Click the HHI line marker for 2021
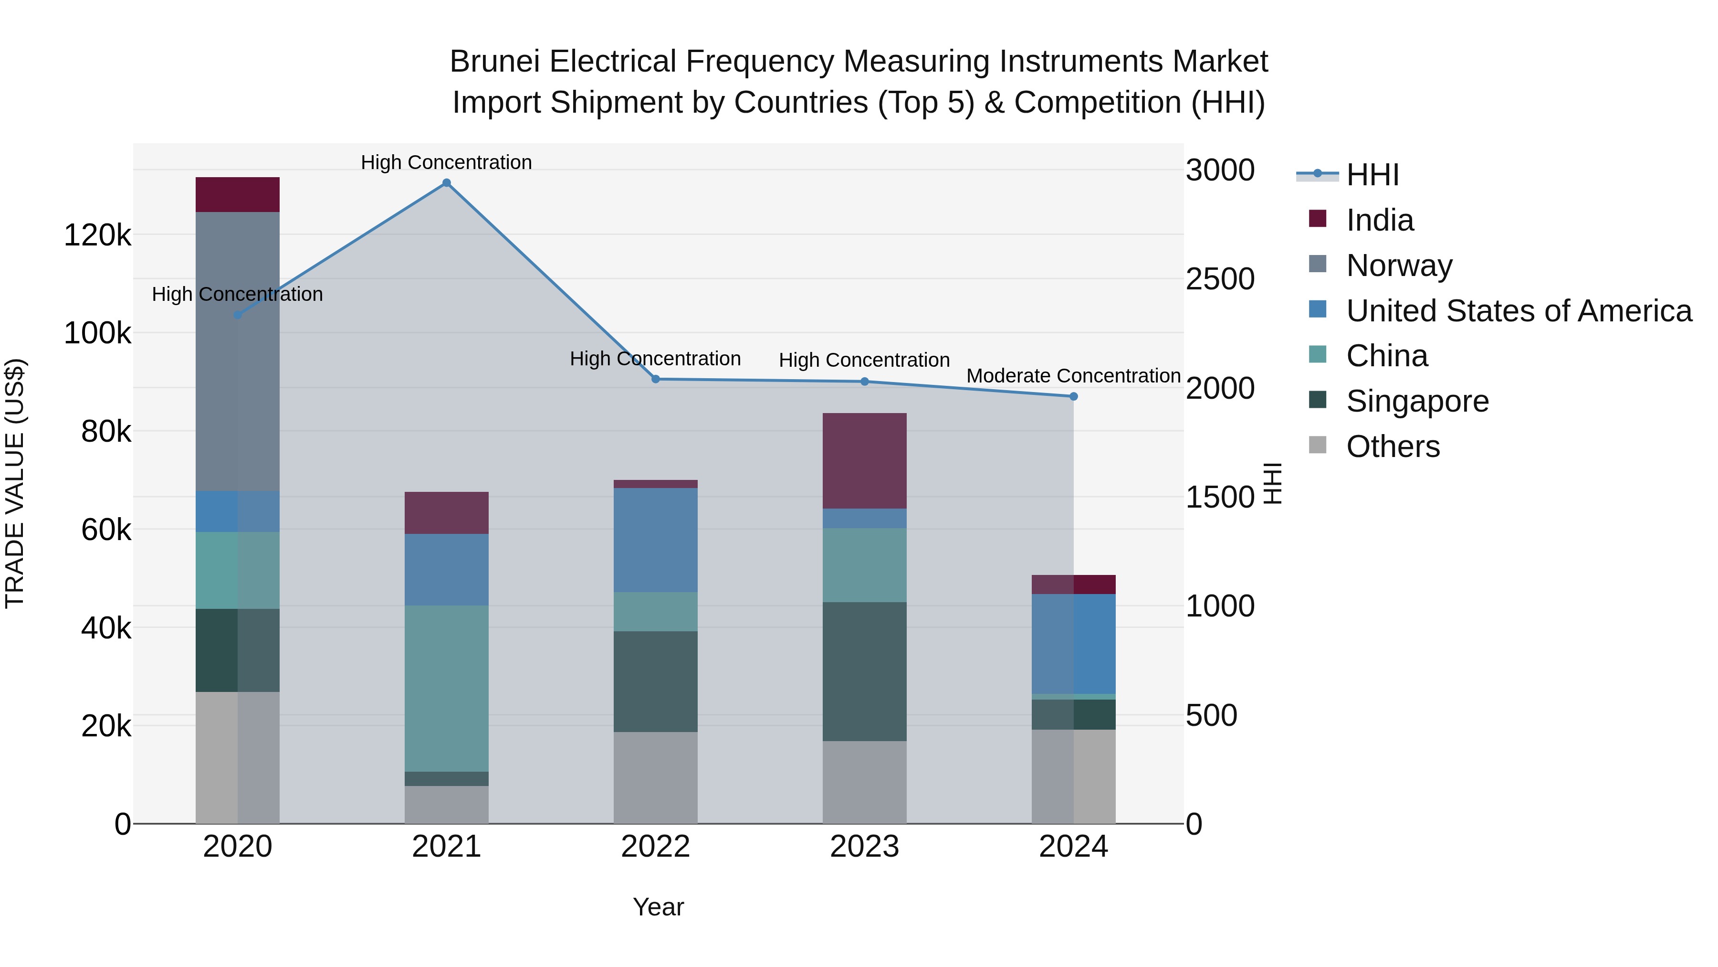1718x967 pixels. tap(447, 183)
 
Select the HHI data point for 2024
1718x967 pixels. tap(1074, 396)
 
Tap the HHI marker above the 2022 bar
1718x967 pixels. tap(656, 379)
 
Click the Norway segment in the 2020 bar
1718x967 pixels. tap(238, 351)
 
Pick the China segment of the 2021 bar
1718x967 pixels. tap(447, 688)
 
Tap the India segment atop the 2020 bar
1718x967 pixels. tap(238, 195)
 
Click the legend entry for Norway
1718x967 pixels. tap(1399, 266)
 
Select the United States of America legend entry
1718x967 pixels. tap(1519, 311)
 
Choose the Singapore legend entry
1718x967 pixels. tap(1417, 401)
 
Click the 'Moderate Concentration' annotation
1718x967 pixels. tap(1074, 376)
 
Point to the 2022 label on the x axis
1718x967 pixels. tap(656, 847)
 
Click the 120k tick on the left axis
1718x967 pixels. tap(97, 235)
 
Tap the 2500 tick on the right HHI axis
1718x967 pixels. tap(1220, 279)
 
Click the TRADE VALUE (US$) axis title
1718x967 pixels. tap(15, 483)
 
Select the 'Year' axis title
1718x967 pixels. tap(658, 907)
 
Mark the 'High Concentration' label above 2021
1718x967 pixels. tap(446, 162)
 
